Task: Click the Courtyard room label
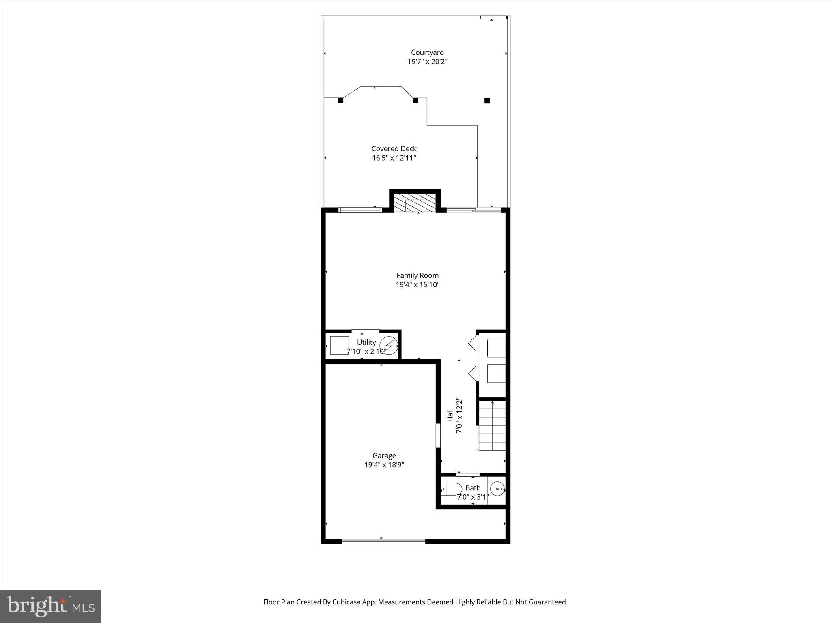click(427, 52)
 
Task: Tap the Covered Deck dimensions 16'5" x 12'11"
click(394, 158)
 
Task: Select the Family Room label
click(418, 275)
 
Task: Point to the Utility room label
click(366, 342)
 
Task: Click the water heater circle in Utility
click(389, 346)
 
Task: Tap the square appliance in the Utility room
click(339, 346)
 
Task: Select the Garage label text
click(384, 456)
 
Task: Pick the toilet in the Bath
click(452, 489)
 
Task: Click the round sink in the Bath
click(497, 490)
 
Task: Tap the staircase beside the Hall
click(492, 426)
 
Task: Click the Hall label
click(450, 415)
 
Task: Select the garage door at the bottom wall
click(383, 541)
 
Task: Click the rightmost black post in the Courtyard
click(487, 101)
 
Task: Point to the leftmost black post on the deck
click(341, 101)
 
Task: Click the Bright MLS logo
click(51, 606)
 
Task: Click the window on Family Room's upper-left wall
click(360, 210)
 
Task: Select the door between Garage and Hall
click(438, 436)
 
